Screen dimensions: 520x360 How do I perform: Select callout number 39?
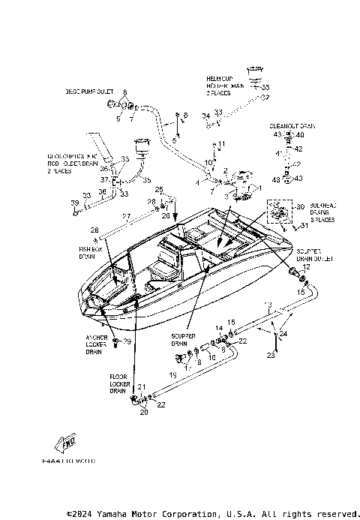click(x=74, y=203)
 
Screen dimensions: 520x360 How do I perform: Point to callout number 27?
click(x=127, y=217)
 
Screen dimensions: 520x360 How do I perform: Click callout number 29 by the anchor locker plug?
click(x=127, y=341)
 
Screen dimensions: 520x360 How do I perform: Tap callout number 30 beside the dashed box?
click(x=301, y=207)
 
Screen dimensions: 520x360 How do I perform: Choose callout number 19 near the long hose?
click(x=172, y=373)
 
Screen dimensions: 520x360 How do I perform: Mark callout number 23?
click(x=272, y=356)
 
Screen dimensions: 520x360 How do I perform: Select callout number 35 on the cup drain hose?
click(x=147, y=180)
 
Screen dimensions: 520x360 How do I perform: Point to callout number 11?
click(x=221, y=143)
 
